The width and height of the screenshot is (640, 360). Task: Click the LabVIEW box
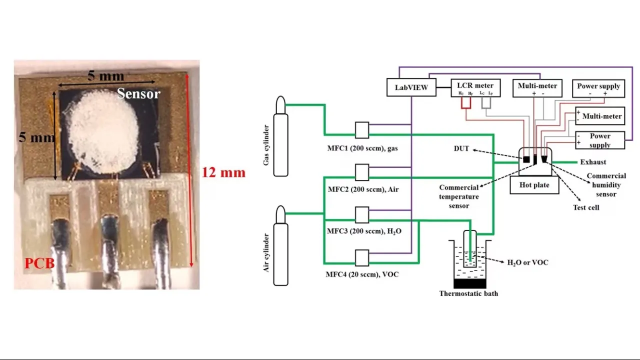[411, 87]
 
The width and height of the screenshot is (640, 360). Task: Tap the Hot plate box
[534, 185]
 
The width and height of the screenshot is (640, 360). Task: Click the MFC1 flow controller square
[362, 130]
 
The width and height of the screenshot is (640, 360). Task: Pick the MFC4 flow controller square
[362, 258]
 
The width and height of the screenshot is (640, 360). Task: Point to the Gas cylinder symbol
[281, 137]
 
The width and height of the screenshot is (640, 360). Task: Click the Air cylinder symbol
[281, 246]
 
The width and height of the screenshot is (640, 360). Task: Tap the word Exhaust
[593, 162]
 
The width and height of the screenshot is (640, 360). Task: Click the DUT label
[461, 148]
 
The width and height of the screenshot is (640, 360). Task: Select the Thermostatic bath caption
[468, 293]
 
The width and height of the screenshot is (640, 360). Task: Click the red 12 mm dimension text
[223, 173]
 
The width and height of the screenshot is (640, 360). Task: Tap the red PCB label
[39, 263]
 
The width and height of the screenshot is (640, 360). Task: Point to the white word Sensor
[138, 93]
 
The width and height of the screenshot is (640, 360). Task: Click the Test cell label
[586, 207]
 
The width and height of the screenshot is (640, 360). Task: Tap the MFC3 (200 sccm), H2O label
[364, 231]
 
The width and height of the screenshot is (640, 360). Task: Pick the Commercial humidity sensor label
[606, 185]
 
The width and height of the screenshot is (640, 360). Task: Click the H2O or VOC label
[527, 262]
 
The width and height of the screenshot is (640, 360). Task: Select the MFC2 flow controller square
[362, 172]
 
